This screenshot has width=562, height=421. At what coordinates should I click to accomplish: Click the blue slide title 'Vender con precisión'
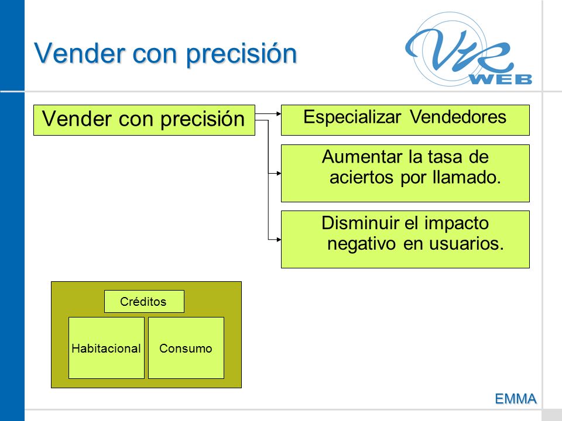point(166,54)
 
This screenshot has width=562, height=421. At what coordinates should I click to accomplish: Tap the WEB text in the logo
point(501,79)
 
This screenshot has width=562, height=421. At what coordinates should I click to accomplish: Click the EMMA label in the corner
point(516,398)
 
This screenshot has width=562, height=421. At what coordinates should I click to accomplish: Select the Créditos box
point(144,302)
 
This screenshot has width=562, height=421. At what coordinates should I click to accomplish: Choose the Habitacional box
point(107,347)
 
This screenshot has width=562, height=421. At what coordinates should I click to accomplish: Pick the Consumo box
point(186,347)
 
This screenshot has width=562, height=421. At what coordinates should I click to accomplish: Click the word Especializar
point(352,117)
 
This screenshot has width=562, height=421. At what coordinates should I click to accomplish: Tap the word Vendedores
point(458,117)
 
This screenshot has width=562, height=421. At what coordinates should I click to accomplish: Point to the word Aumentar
point(362,157)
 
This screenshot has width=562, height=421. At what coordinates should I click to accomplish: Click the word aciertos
point(361,177)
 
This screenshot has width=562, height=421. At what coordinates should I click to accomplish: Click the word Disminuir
point(359,223)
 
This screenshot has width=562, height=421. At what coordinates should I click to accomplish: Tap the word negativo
point(361,244)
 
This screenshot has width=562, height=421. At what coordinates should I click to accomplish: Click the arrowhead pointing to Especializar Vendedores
point(279,114)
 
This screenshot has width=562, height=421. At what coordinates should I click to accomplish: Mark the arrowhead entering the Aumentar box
point(279,173)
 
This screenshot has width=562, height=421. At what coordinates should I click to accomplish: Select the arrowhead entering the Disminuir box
point(279,240)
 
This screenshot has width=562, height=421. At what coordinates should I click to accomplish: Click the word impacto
point(456,224)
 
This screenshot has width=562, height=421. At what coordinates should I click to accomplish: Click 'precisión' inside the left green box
point(203,119)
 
